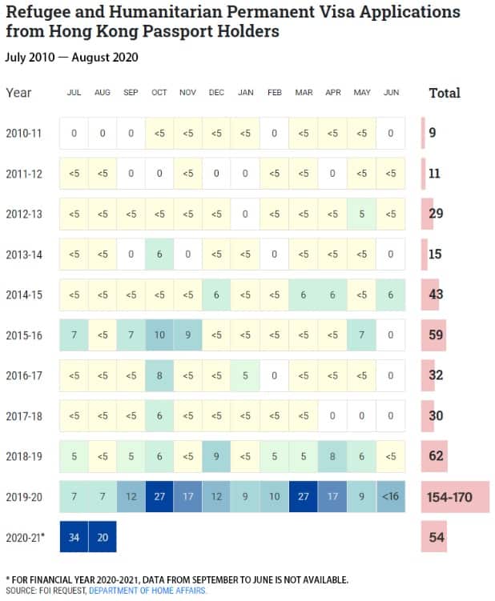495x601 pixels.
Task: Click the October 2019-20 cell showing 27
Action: (159, 497)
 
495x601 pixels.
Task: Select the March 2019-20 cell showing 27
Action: (304, 497)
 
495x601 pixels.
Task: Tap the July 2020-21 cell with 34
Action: (74, 537)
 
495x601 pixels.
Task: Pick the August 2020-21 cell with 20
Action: (103, 537)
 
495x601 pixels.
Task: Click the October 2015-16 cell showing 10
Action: (159, 335)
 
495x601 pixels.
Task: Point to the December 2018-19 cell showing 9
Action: (217, 456)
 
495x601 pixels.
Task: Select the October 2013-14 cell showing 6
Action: (159, 254)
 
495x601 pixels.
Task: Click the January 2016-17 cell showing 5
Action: (246, 375)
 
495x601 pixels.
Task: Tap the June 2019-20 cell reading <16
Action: (391, 497)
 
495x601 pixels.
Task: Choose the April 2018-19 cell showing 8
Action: (333, 456)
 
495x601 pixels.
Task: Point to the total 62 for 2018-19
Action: (436, 456)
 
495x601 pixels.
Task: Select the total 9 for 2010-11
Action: (433, 133)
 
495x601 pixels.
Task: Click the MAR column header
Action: (304, 93)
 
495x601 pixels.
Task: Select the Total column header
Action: (445, 93)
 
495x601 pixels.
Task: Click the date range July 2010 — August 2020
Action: (71, 57)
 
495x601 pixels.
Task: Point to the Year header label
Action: (18, 93)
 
